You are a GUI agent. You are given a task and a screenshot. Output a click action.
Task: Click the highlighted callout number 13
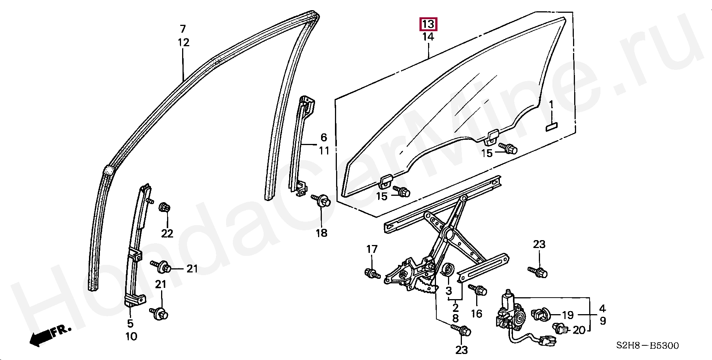coord(428,24)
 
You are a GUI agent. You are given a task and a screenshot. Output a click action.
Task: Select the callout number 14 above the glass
coord(428,37)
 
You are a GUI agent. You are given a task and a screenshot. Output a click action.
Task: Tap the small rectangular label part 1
coord(551,127)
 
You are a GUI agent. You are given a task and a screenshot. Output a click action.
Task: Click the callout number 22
coord(167,233)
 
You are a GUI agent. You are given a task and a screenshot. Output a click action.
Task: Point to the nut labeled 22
coord(164,207)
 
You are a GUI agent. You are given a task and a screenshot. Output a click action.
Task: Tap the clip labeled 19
coord(541,314)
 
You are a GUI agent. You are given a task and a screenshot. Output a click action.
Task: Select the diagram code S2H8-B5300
coord(647,346)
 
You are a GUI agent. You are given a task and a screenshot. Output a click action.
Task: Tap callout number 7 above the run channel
coord(183,29)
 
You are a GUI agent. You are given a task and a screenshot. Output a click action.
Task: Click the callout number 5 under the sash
coord(130,323)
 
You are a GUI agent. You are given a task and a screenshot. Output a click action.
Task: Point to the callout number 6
coord(324,138)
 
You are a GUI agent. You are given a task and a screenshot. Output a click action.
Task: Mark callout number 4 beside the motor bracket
coord(602,309)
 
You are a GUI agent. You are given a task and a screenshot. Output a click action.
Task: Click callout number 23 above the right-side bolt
coord(539,244)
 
